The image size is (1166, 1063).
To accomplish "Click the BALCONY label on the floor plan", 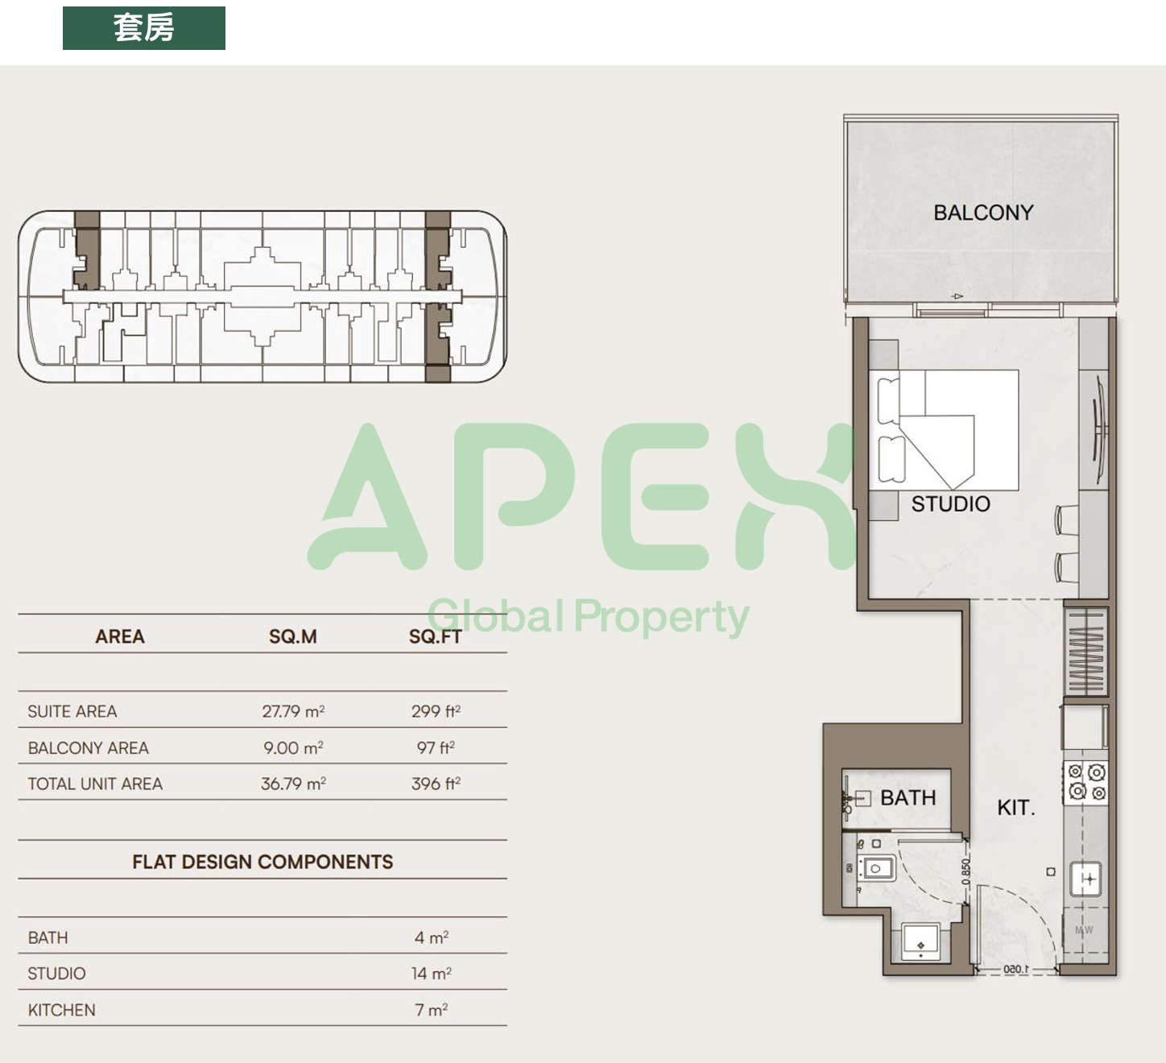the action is coord(983,213).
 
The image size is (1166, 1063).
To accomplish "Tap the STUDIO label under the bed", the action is coord(950,504).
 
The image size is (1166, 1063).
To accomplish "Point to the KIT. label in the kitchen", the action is coord(1016,808).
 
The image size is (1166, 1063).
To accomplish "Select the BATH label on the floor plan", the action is coord(908,798).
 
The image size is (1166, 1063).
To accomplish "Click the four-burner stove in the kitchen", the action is coord(1085,782).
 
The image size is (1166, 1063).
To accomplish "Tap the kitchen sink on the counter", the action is coord(1085,879).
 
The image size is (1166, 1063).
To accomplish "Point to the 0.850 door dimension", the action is coord(965,871).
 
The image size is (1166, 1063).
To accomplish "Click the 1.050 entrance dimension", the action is coord(1015,970).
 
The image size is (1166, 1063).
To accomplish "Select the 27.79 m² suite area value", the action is coord(293,711).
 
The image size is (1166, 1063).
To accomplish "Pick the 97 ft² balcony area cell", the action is coord(436,747).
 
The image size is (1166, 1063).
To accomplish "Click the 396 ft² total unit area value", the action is coord(436,784).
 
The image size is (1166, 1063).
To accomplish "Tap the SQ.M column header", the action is coord(293,636).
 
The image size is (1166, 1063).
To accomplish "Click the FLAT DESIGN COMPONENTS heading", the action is coord(263,862).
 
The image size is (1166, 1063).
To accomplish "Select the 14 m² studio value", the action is coord(432,974).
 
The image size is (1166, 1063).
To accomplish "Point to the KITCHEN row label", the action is coord(62,1010).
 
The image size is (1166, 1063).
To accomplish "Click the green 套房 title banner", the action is coord(143,28).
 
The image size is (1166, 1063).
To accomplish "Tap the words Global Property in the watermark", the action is coord(588,616).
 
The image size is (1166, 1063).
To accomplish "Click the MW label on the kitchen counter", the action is coord(1083,930).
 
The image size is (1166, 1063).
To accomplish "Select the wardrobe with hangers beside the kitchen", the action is coord(1085,651).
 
